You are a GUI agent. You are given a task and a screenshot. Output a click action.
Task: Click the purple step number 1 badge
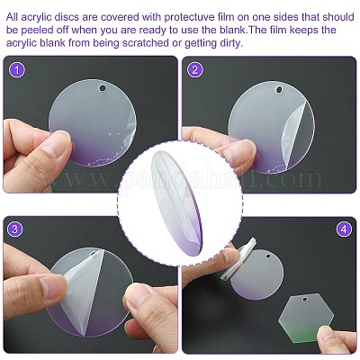17,69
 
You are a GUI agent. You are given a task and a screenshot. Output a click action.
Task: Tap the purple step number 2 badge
195,69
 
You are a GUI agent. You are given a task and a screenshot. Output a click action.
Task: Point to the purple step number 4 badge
344,229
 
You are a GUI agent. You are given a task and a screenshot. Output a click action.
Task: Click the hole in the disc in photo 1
103,88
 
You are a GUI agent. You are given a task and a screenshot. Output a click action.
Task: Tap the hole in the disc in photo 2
280,90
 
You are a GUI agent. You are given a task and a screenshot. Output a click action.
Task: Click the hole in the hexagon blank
305,299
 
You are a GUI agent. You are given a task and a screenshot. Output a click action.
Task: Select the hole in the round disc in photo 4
267,256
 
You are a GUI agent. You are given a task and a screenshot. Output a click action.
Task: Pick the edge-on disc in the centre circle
176,203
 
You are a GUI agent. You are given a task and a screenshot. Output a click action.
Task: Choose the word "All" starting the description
13,17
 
